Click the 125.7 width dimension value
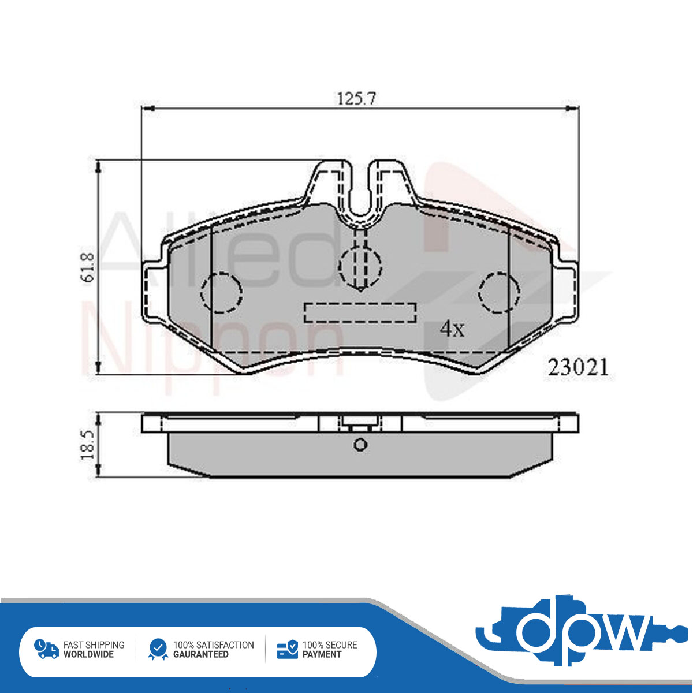[x=356, y=99]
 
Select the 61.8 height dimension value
[x=88, y=267]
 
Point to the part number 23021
[x=578, y=367]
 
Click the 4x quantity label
[x=452, y=329]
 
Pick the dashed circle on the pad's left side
[x=222, y=292]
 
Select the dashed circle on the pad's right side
[x=499, y=292]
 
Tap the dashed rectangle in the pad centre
[x=360, y=312]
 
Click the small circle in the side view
[x=360, y=445]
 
